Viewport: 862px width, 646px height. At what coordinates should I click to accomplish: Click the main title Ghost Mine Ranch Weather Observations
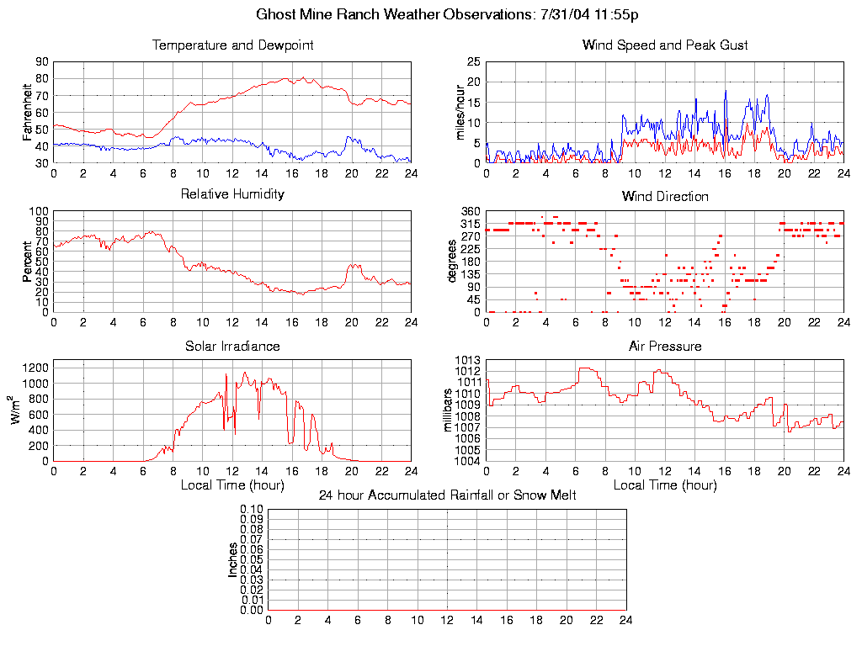coord(451,14)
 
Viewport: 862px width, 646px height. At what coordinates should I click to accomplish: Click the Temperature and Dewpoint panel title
coord(232,45)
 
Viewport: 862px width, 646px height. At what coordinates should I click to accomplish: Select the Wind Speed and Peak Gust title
coord(665,45)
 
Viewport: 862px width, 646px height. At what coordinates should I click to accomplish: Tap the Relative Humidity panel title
coord(232,194)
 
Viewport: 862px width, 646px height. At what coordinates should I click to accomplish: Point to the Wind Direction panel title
coord(665,197)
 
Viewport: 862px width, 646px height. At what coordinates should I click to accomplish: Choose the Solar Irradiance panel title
coord(232,346)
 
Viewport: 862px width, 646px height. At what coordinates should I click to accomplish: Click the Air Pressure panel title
coord(665,346)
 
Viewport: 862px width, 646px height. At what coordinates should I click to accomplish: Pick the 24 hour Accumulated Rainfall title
coord(447,495)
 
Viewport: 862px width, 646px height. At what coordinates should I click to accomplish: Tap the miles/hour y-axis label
coord(460,112)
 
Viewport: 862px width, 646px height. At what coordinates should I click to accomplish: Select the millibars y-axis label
coord(449,410)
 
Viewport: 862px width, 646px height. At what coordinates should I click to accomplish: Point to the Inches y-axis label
coord(233,559)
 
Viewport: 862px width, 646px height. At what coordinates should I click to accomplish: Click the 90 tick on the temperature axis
coord(41,61)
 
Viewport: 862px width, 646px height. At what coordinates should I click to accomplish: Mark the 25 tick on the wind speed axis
coord(473,61)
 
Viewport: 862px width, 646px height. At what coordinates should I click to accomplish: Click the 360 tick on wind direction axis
coord(470,211)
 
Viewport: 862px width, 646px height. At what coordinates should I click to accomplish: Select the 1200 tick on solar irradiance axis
coord(36,368)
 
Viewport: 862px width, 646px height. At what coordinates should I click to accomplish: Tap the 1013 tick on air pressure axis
coord(468,360)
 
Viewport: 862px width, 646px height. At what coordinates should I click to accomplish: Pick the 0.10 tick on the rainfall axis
coord(252,509)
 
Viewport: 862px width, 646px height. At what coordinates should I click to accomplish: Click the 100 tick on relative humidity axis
coord(39,211)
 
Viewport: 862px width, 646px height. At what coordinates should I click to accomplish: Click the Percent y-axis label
coord(28,261)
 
